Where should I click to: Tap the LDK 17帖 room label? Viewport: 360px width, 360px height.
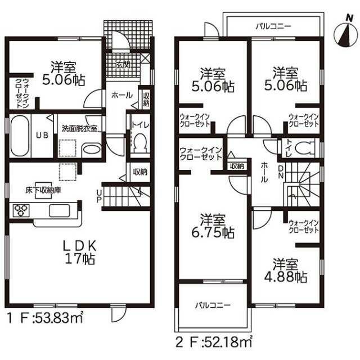click(x=79, y=252)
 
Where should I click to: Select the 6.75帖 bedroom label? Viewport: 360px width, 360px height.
click(x=213, y=226)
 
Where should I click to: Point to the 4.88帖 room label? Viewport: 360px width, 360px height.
click(x=285, y=271)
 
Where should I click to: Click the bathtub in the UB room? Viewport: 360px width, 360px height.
click(x=20, y=135)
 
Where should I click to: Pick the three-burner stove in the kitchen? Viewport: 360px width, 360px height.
click(x=21, y=210)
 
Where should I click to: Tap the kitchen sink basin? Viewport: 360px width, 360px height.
click(x=60, y=210)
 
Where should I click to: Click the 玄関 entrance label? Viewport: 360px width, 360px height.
click(x=123, y=65)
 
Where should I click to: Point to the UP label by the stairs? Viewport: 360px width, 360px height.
click(x=99, y=196)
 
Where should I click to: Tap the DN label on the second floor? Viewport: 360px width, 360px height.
click(x=281, y=172)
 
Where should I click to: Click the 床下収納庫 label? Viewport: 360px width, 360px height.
click(x=43, y=190)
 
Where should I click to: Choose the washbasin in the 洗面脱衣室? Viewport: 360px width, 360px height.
click(x=91, y=150)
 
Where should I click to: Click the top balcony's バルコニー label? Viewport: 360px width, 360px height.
click(x=273, y=26)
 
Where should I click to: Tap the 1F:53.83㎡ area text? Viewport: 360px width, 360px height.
click(x=45, y=317)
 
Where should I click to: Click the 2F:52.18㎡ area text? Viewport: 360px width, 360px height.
click(x=214, y=342)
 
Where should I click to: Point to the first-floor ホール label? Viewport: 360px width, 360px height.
click(x=122, y=95)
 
